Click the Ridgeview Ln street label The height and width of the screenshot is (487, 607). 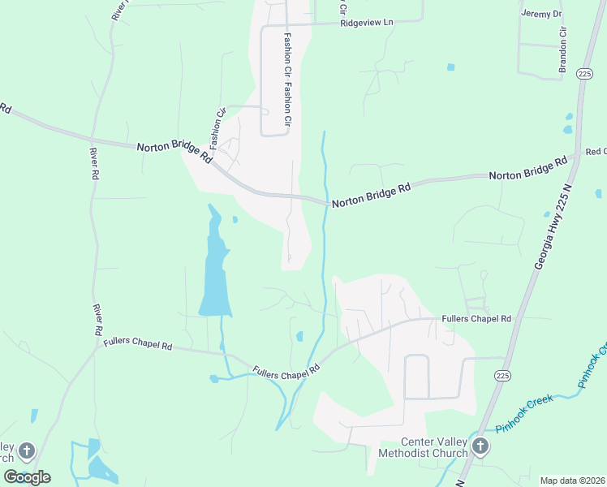pos(367,23)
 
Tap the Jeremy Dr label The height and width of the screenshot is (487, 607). pos(541,14)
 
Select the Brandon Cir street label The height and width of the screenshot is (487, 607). pos(562,50)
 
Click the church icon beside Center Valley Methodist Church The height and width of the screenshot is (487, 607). pos(480,446)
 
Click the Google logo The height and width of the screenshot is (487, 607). pos(27,476)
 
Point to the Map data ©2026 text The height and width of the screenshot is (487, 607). pos(572,481)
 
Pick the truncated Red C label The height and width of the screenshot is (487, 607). pos(596,152)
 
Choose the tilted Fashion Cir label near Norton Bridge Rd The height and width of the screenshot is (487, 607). pos(217,122)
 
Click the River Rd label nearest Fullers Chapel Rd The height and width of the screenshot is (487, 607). pos(97,320)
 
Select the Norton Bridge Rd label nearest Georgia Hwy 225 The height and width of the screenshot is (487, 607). pos(527,169)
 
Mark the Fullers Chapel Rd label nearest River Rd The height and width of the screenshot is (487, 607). pos(138,344)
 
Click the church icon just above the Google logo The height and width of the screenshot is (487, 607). pos(26,450)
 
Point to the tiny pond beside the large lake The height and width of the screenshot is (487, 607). pos(235,219)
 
